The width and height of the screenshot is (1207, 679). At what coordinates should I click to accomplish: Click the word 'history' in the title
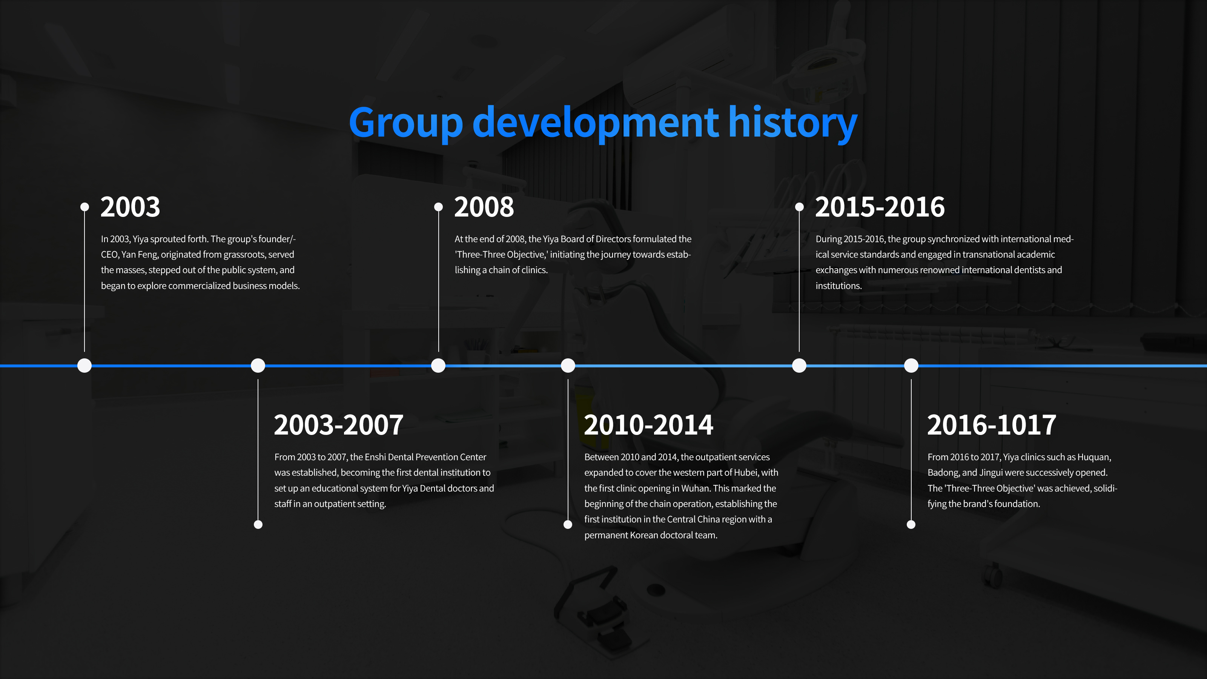click(792, 122)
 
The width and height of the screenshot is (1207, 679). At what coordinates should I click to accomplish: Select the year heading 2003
click(130, 207)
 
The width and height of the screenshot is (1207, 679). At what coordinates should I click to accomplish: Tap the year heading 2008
click(484, 207)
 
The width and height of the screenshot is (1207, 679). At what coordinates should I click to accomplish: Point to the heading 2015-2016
click(880, 207)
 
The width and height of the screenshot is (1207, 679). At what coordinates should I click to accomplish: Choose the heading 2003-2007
click(339, 425)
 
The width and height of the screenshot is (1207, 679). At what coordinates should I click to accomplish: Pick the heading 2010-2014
click(648, 425)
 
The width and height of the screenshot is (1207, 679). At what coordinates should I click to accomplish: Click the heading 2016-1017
click(992, 425)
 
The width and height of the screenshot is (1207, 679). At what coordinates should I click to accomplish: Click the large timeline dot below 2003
click(84, 366)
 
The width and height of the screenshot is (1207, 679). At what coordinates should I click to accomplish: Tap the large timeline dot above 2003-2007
click(258, 366)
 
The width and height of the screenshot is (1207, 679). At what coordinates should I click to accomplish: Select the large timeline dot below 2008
click(438, 366)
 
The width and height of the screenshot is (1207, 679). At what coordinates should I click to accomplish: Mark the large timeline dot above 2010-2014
click(568, 366)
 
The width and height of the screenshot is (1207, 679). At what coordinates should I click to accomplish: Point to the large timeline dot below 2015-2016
click(799, 366)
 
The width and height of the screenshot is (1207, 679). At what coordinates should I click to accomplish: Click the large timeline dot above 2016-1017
click(911, 366)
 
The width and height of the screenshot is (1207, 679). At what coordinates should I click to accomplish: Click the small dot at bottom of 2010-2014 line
click(568, 524)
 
